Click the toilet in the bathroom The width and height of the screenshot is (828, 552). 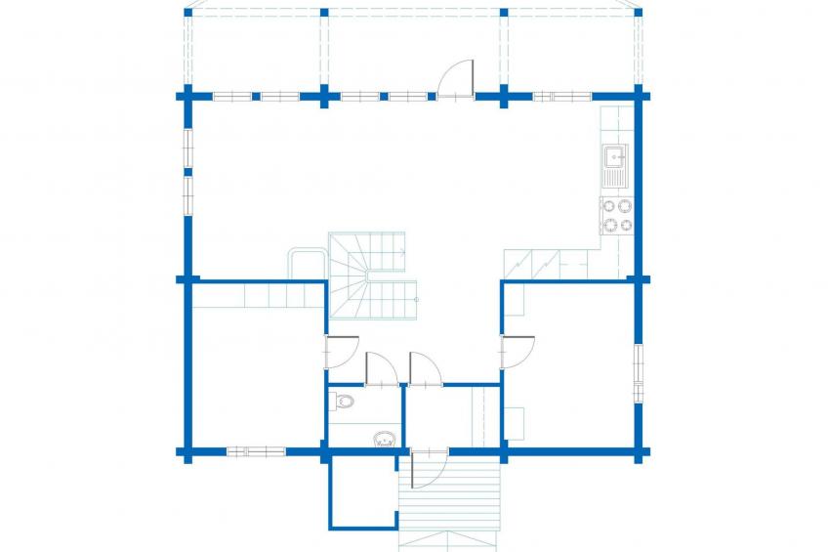coord(342,401)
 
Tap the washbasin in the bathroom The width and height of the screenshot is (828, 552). coord(384,440)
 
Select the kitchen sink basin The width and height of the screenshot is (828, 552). coord(615,155)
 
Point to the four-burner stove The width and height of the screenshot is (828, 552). coord(616,216)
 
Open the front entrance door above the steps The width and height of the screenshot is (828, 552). coord(428,467)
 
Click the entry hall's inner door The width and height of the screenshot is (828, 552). coord(425,368)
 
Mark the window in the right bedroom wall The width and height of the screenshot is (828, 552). coord(639,373)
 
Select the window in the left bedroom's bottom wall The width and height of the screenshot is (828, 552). coord(256,451)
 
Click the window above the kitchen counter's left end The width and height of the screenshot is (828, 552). coord(561,97)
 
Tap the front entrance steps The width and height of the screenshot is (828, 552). coord(449,498)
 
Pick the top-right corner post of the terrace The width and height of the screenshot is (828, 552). coord(640,12)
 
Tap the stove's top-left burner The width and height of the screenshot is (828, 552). coord(608,206)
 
